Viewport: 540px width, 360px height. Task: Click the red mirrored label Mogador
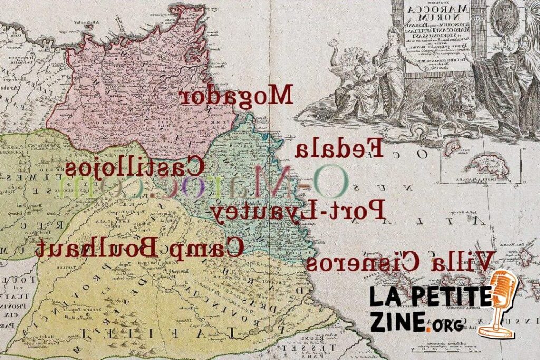[236, 95]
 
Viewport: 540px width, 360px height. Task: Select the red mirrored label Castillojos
[134, 168]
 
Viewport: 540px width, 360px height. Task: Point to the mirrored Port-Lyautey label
[299, 210]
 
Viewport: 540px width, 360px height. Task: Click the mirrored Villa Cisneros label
[400, 261]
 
